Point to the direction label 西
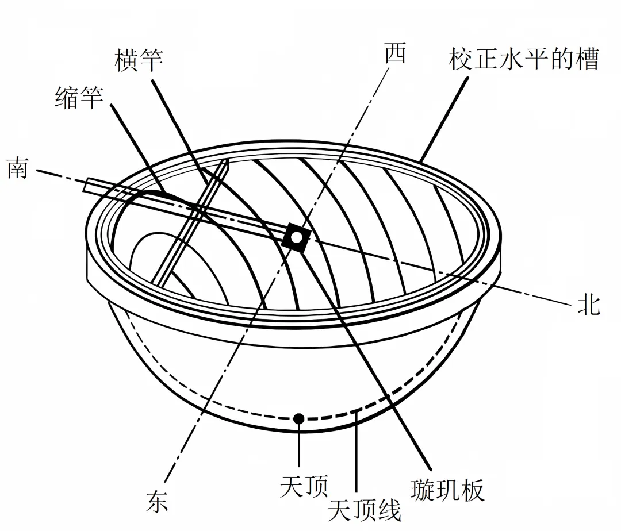[395, 53]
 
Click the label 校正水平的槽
[524, 59]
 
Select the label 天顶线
[365, 509]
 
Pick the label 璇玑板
[448, 490]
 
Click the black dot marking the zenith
[298, 418]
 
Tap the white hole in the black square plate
[296, 237]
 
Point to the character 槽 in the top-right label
[587, 59]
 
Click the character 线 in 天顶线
[390, 509]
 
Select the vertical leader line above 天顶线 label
[357, 454]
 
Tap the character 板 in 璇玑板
[473, 490]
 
